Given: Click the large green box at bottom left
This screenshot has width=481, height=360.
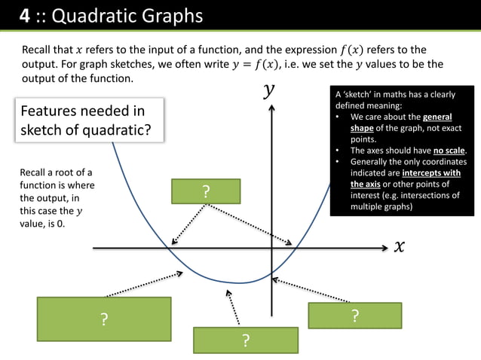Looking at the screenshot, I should [104, 320].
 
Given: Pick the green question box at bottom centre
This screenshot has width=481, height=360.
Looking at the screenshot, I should [245, 340].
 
